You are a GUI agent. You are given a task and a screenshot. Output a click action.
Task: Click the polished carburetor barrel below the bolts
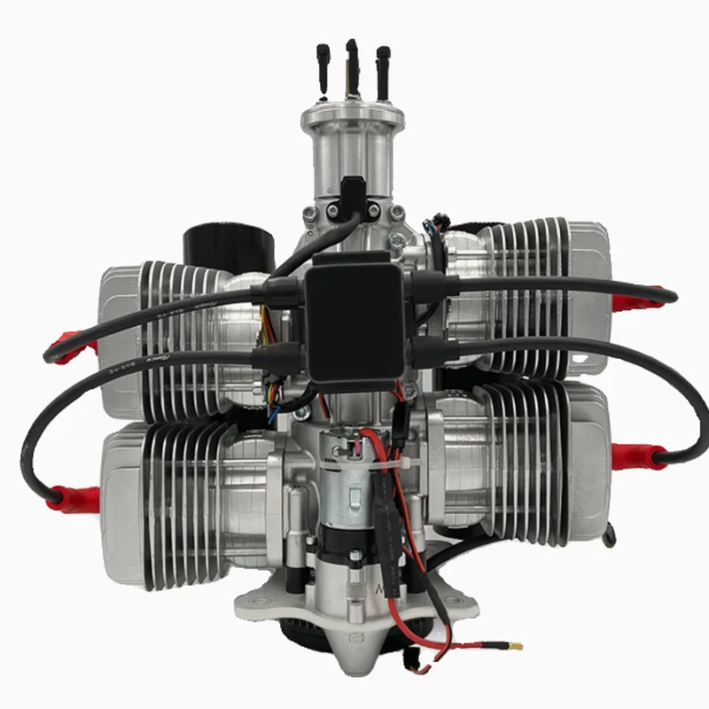point(353,146)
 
